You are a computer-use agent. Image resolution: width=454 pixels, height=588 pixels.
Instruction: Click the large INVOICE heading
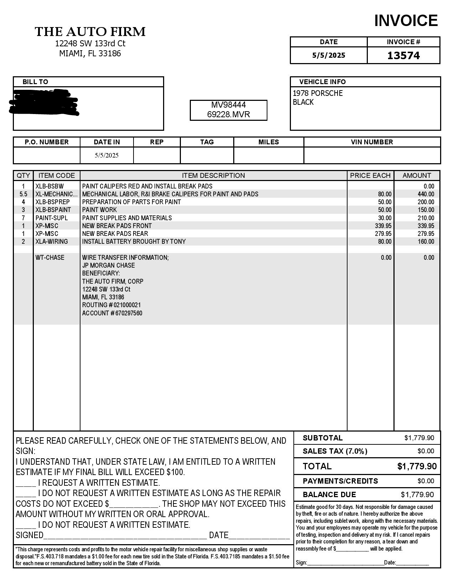pyautogui.click(x=406, y=21)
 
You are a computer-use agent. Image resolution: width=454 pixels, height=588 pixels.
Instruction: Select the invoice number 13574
pyautogui.click(x=403, y=56)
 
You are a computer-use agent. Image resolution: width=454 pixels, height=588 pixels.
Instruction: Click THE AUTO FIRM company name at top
pyautogui.click(x=90, y=32)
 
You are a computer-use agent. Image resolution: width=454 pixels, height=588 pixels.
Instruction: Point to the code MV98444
pyautogui.click(x=228, y=105)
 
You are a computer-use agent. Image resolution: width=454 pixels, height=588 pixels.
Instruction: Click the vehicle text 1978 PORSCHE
pyautogui.click(x=318, y=93)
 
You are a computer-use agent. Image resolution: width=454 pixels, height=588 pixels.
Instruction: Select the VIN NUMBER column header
pyautogui.click(x=372, y=142)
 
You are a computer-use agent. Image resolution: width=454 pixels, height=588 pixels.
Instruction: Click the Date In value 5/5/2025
pyautogui.click(x=106, y=155)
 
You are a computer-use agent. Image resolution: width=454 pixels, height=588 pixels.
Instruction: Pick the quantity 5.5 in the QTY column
pyautogui.click(x=24, y=194)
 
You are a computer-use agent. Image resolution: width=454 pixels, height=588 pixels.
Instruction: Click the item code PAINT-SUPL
pyautogui.click(x=51, y=218)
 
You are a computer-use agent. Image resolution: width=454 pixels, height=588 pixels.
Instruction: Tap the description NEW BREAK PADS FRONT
pyautogui.click(x=117, y=226)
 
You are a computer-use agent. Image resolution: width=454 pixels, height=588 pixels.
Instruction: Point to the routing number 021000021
pyautogui.click(x=127, y=305)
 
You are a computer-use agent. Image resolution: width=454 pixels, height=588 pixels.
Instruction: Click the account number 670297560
pyautogui.click(x=129, y=313)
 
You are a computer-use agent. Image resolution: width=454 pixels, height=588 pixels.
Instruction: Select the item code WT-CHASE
pyautogui.click(x=50, y=258)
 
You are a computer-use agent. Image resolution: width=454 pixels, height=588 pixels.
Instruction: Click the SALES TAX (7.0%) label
pyautogui.click(x=335, y=451)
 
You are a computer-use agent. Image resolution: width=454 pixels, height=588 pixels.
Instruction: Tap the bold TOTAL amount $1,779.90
pyautogui.click(x=417, y=466)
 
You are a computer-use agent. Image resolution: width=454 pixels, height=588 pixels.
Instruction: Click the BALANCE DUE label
pyautogui.click(x=329, y=495)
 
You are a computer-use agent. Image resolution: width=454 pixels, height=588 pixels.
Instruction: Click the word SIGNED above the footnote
pyautogui.click(x=30, y=535)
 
